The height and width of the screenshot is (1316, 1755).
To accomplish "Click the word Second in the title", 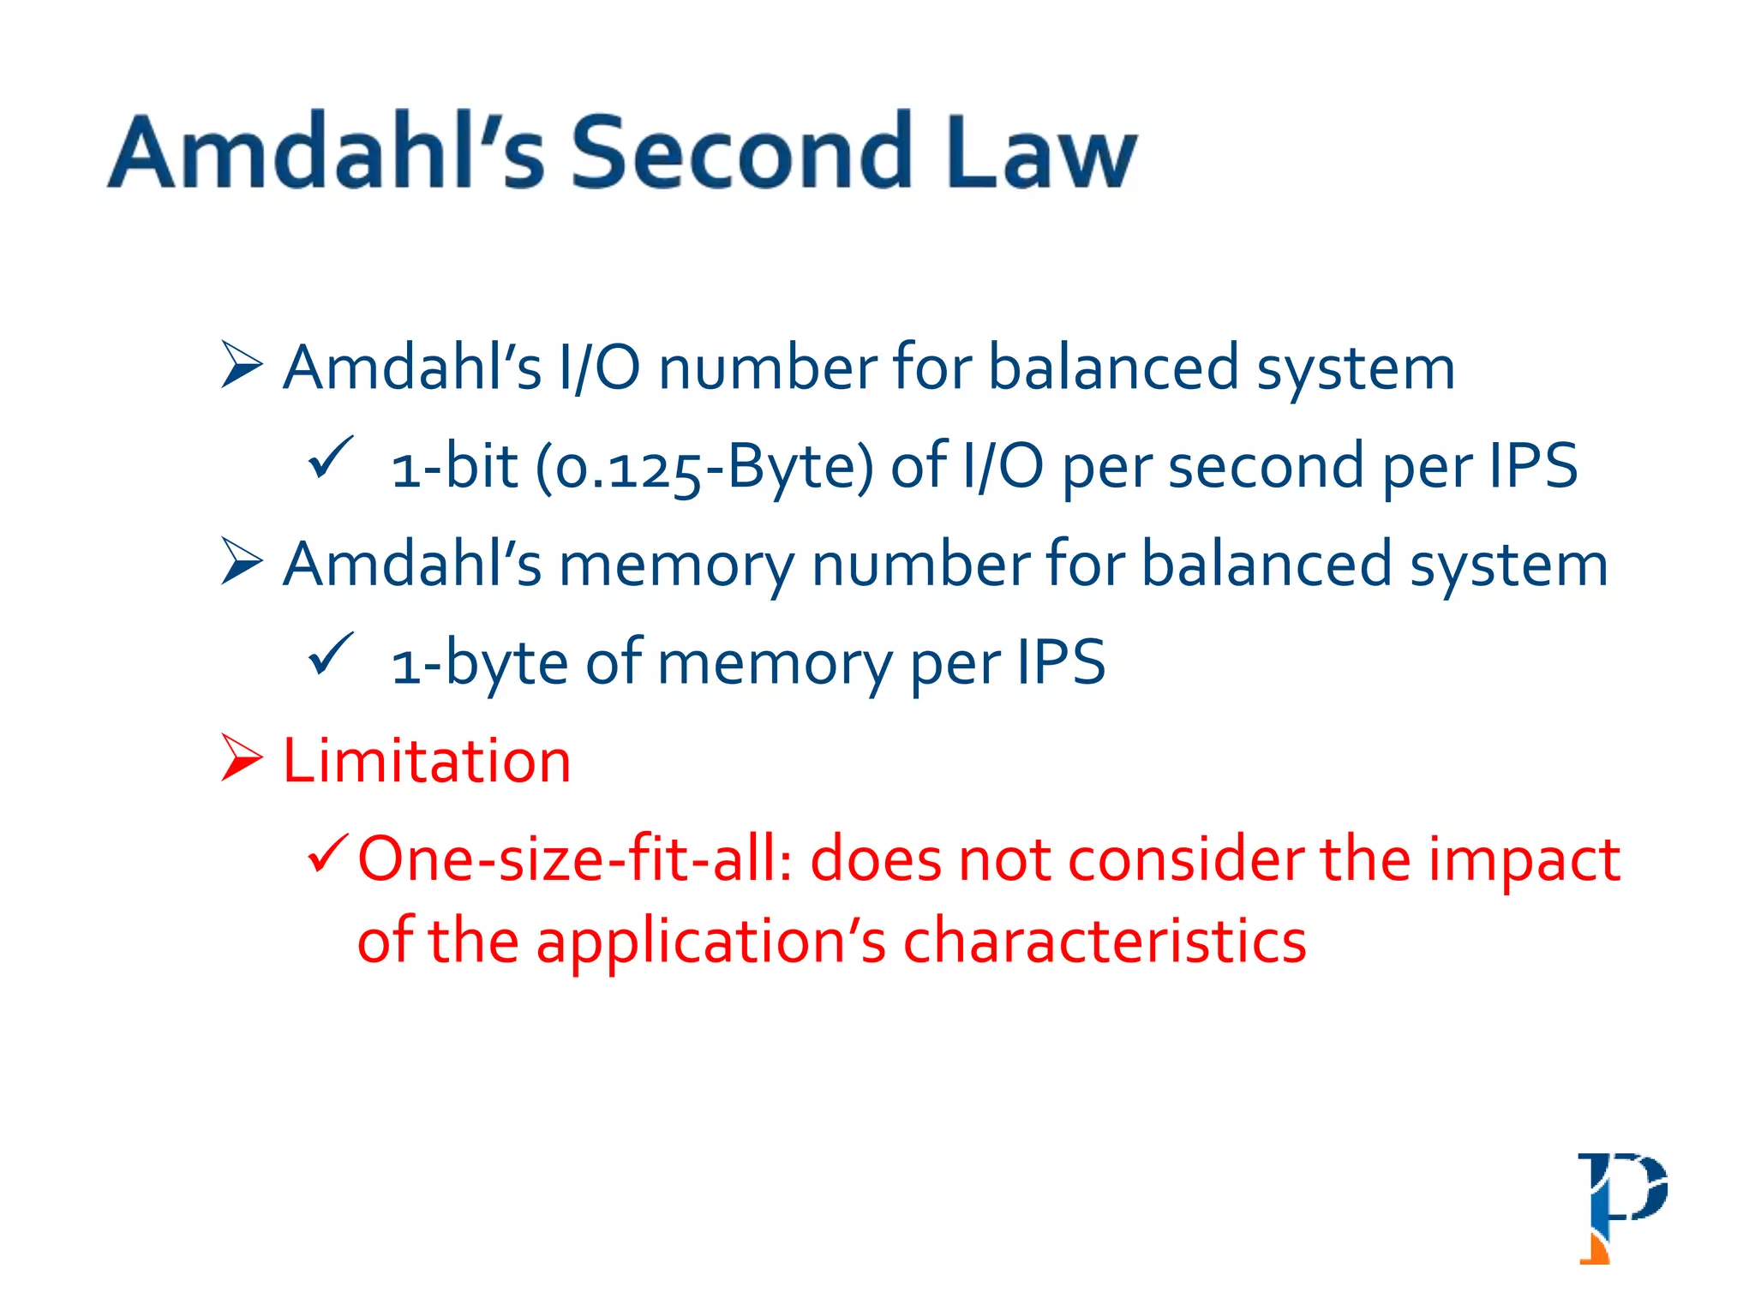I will click(742, 153).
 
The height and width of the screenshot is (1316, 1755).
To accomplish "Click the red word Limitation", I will click(427, 761).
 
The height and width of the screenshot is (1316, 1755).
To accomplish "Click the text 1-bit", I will click(455, 468).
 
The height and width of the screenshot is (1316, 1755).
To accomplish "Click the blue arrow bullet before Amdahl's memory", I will click(241, 561).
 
